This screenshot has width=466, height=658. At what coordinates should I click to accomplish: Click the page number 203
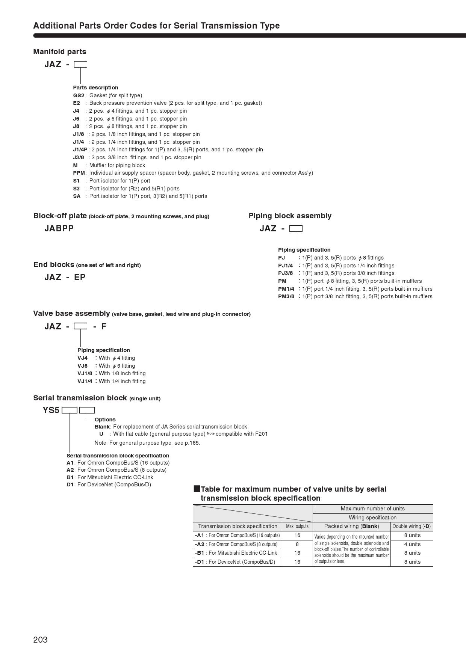click(40, 640)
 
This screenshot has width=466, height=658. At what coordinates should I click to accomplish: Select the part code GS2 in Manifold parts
click(79, 95)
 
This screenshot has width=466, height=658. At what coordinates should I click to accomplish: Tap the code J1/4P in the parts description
click(80, 149)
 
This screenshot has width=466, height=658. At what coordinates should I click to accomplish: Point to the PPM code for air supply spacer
click(79, 173)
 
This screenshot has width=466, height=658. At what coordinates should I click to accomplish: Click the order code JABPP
click(59, 228)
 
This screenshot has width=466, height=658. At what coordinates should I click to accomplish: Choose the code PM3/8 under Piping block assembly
click(286, 296)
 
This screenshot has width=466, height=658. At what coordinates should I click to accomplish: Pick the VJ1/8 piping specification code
click(85, 373)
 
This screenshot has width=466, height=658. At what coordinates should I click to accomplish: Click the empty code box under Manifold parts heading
click(80, 64)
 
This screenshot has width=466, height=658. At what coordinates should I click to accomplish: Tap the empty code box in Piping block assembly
click(296, 228)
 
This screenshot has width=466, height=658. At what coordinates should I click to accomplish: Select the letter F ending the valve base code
click(104, 326)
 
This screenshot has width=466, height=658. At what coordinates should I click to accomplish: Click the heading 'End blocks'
click(54, 264)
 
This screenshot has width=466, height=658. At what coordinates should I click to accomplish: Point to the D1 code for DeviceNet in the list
click(70, 484)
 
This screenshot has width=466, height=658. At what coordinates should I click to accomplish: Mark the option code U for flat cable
click(101, 434)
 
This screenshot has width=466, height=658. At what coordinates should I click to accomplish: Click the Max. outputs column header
click(297, 526)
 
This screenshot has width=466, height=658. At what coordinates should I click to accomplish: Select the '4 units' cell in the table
click(412, 544)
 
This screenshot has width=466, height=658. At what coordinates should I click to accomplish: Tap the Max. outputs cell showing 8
click(297, 544)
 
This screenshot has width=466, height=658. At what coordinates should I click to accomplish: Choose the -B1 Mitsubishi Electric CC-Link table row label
click(237, 553)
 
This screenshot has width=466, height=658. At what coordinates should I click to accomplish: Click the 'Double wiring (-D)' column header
click(412, 526)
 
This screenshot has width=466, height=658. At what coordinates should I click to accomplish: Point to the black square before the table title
click(197, 489)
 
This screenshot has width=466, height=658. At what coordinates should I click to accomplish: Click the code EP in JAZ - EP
click(80, 277)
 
